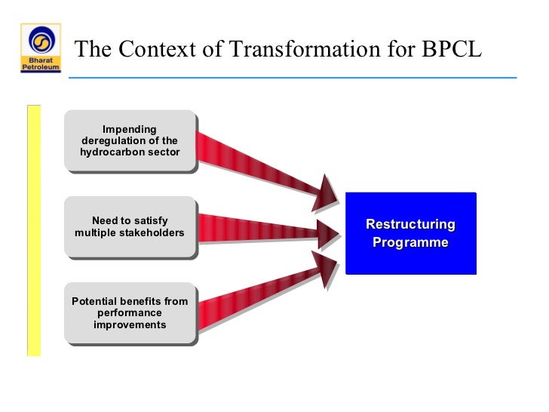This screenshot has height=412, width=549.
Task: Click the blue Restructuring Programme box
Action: (411, 233)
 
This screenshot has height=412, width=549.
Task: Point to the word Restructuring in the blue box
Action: (411, 224)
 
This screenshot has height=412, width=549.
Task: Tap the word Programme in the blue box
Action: (411, 242)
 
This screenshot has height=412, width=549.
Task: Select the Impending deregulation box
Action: (130, 141)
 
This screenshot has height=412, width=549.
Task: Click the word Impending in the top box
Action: (130, 130)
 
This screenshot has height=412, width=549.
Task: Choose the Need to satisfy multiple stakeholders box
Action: (130, 227)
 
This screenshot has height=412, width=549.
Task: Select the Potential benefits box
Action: (130, 313)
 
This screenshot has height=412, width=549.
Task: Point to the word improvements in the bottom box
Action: (130, 324)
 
